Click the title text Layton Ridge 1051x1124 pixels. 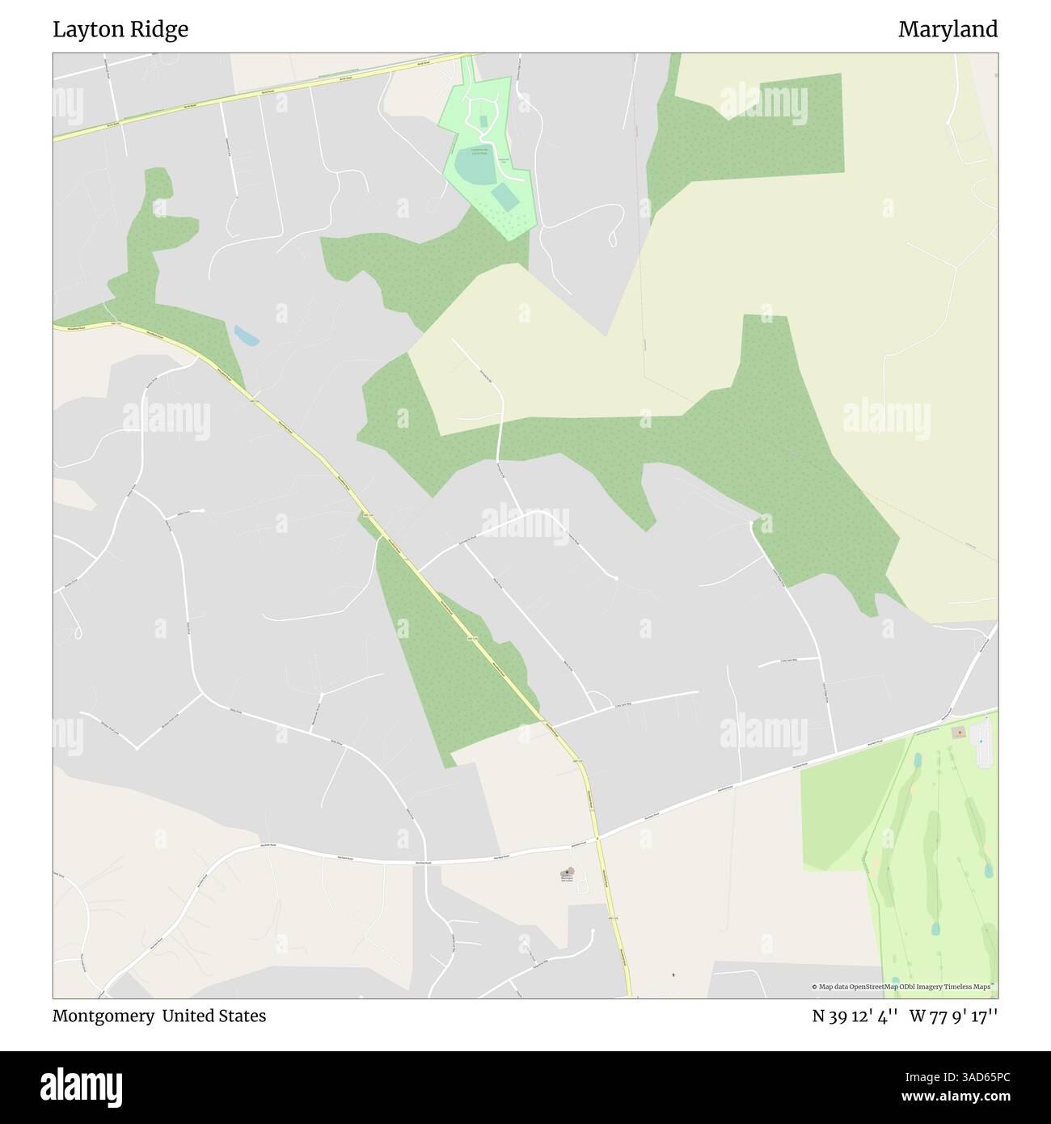120,30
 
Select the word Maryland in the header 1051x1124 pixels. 948,30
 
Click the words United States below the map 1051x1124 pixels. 213,1016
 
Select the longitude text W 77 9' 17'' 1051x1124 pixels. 953,1016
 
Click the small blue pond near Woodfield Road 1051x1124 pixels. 246,336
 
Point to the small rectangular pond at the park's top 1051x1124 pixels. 483,121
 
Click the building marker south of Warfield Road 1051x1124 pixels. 567,873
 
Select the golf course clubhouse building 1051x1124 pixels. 959,733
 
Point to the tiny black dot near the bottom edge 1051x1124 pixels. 673,975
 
